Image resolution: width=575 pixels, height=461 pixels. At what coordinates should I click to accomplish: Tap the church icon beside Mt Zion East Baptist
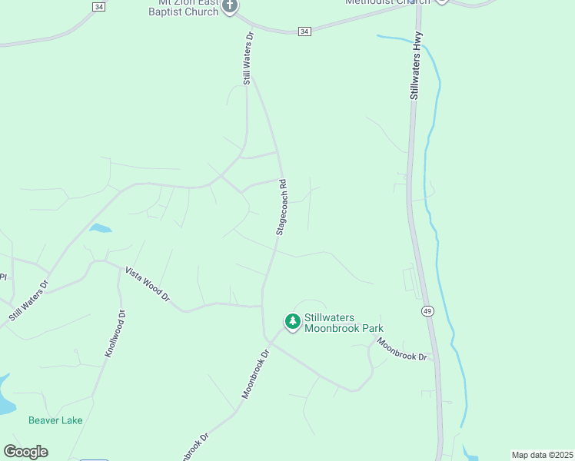(x=229, y=6)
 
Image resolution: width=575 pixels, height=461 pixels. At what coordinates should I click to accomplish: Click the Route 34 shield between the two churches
(x=305, y=31)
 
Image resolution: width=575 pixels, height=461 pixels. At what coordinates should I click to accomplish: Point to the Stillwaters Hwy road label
(x=416, y=71)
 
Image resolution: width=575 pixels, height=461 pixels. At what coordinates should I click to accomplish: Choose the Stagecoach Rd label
(x=282, y=207)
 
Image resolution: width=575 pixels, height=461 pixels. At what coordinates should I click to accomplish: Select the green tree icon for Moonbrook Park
(x=292, y=322)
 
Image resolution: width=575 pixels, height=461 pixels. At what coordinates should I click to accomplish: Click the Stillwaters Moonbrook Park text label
(x=343, y=323)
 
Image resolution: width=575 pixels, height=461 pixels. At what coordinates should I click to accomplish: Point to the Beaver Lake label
(x=55, y=420)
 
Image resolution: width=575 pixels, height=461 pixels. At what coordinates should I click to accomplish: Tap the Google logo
(x=25, y=452)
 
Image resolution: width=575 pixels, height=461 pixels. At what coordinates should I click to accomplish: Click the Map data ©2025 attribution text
(x=542, y=455)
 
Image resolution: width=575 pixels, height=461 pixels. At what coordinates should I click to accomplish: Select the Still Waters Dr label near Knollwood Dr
(x=28, y=301)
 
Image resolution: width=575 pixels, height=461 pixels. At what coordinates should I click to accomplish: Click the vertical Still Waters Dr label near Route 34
(x=248, y=58)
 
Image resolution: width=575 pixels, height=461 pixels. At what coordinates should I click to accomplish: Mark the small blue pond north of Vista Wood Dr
(x=100, y=228)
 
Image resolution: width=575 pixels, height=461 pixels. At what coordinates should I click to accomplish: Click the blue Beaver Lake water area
(x=4, y=396)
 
